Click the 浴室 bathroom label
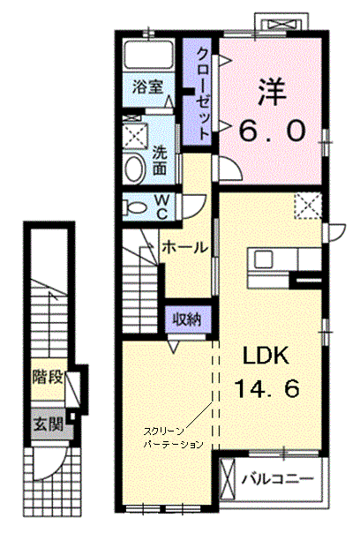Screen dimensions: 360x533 coord(147,87)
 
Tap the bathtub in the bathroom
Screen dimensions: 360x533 coord(148,55)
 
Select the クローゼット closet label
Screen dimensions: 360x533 coord(203,94)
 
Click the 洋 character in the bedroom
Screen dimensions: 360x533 coord(271,93)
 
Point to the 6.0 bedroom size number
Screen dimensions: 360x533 coord(271,131)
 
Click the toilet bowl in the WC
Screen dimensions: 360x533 coord(135,206)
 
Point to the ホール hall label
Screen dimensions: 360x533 coord(184,247)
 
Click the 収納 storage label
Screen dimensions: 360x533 coord(187,319)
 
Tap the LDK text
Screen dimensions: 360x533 coord(266,357)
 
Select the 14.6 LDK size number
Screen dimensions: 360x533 coord(267,388)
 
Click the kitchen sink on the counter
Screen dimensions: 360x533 coord(263,260)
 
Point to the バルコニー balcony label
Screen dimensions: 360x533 coord(277,479)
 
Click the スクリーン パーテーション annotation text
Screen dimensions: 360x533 coord(173,438)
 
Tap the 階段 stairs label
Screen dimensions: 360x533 coord(48,377)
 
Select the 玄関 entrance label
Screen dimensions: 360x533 coord(49,424)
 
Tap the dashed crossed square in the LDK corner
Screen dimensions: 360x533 coord(308,206)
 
